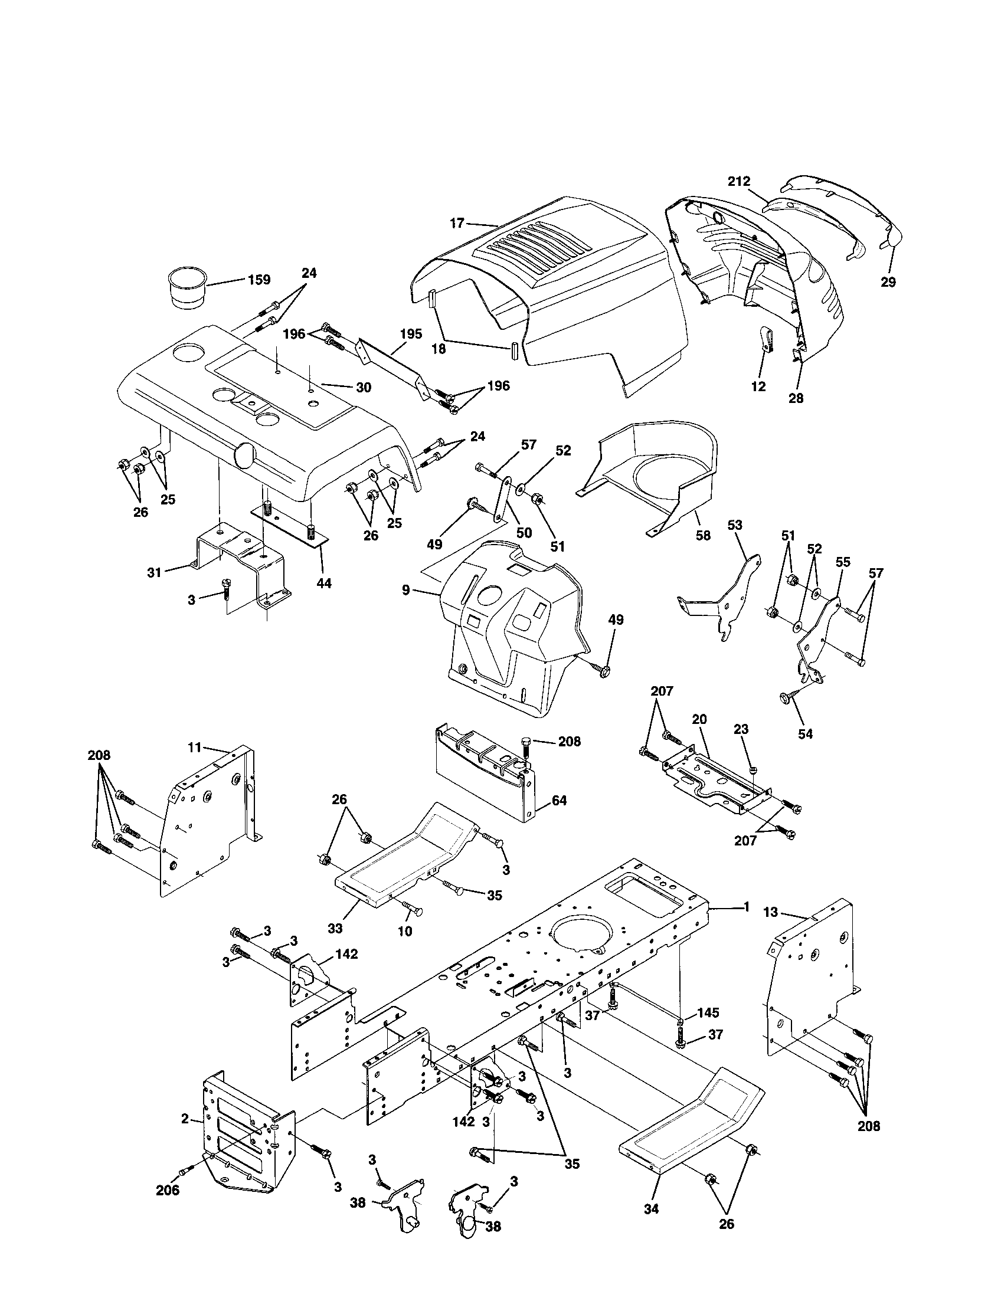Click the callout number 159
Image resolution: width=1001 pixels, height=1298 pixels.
(259, 278)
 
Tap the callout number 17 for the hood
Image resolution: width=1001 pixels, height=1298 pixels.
(456, 224)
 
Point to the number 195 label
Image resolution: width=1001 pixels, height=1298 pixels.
(411, 334)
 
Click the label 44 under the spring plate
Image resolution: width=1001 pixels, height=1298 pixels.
(323, 583)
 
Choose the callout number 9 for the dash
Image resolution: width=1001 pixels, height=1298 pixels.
(405, 590)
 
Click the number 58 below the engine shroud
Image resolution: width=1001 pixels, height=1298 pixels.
(702, 535)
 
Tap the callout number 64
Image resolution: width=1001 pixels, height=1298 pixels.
(559, 801)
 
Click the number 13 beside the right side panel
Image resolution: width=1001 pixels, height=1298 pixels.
(770, 912)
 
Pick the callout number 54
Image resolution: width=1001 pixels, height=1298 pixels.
(805, 734)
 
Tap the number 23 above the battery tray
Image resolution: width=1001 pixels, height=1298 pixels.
(741, 729)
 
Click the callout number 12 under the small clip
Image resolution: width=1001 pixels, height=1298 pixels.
(758, 386)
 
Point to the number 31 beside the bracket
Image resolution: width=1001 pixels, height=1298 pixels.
(155, 573)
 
